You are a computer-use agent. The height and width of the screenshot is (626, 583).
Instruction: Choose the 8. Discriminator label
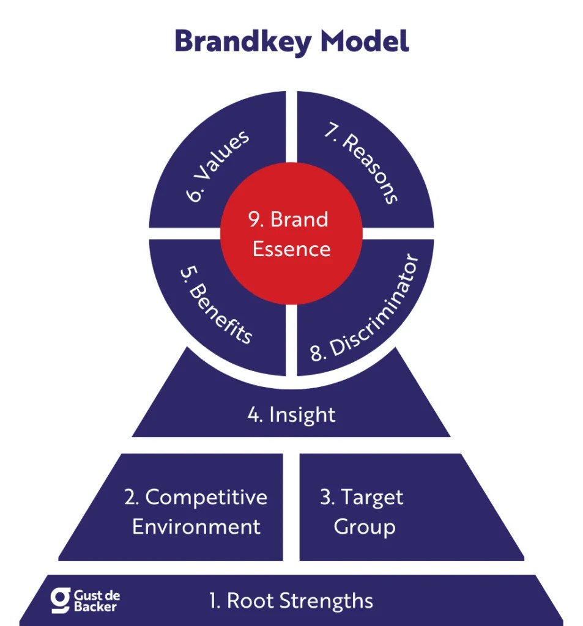pos(366,308)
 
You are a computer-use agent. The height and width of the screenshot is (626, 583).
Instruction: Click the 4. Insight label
pos(291,414)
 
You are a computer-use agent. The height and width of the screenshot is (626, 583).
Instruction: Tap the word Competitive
pos(206,497)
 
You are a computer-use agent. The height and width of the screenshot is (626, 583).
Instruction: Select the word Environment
pos(196,526)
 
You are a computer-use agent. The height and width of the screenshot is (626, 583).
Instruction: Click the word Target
pos(371,497)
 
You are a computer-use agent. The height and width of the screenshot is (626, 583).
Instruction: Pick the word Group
pos(364,527)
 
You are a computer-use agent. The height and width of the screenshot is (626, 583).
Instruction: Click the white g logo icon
pos(60,600)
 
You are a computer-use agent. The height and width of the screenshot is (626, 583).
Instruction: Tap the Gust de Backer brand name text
pos(96,600)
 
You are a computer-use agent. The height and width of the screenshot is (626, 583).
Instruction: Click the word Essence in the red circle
pos(292,249)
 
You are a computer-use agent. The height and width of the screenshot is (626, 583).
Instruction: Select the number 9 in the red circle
pos(254,219)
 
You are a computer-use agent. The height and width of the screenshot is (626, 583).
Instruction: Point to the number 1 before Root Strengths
pos(214,600)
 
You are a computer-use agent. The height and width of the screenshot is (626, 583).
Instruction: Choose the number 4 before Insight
pos(253,414)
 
